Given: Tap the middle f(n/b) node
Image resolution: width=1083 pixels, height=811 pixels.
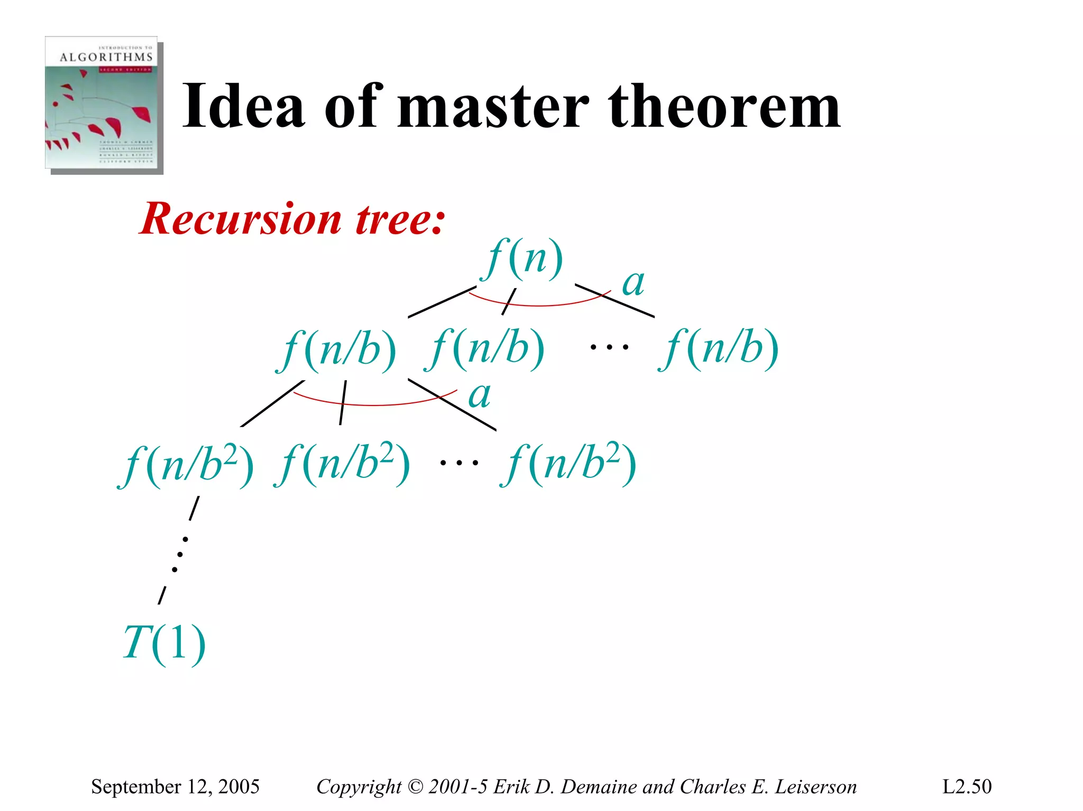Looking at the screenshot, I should point(485,349).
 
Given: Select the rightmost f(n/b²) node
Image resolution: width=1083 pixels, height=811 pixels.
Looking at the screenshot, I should point(569,464).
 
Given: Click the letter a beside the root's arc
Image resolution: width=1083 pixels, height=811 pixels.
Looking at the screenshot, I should point(633,283).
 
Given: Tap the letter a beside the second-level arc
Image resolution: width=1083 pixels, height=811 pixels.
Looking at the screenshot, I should point(480,395).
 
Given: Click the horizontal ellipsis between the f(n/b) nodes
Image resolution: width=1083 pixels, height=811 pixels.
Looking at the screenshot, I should point(609,347).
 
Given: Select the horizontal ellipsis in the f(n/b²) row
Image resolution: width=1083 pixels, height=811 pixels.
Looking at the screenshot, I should point(459,463).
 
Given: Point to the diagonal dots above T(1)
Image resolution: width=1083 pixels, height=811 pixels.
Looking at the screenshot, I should point(180,554).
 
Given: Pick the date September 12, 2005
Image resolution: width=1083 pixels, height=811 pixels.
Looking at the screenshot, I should point(175,787).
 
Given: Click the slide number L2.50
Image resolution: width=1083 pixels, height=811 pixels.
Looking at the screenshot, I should point(967,787).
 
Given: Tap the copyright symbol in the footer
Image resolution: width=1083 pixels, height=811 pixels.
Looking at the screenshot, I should point(416,787).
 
